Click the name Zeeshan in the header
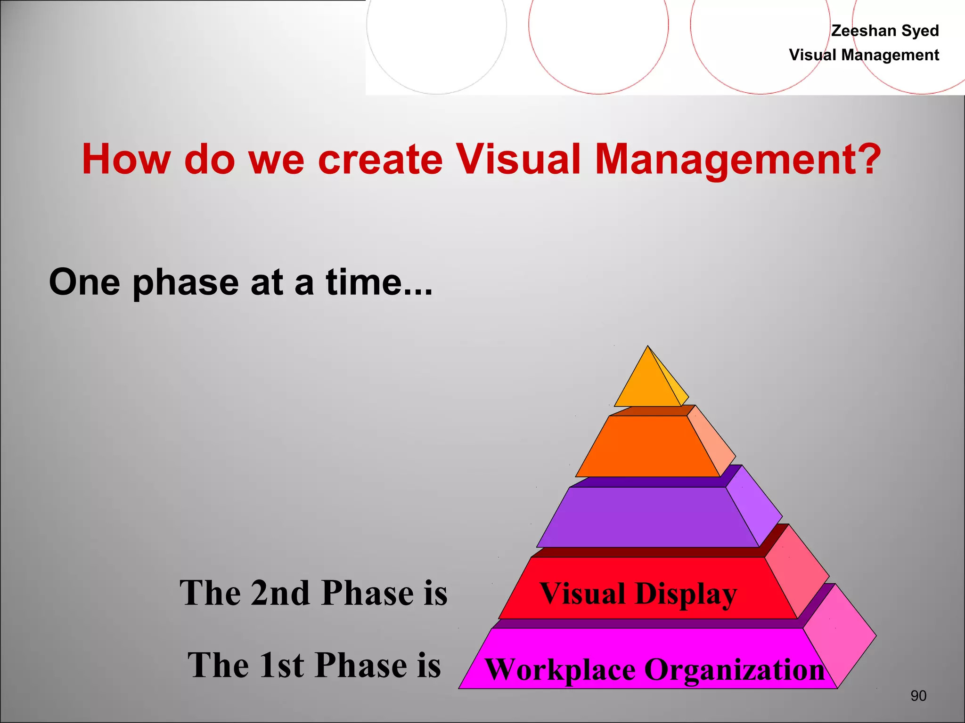click(x=864, y=31)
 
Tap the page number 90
click(x=918, y=696)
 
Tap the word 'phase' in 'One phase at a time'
click(x=186, y=282)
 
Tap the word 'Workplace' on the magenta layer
click(x=560, y=670)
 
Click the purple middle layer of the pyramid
click(x=648, y=517)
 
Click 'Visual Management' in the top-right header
click(x=864, y=55)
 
